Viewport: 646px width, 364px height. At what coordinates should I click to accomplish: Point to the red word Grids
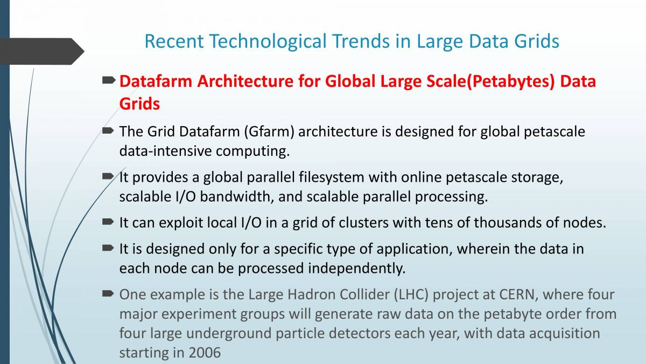click(139, 104)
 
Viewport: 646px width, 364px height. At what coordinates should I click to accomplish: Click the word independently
click(357, 269)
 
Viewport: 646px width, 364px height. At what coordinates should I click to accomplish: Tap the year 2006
click(205, 353)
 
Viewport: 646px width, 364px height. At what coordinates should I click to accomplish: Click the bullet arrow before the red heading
click(109, 80)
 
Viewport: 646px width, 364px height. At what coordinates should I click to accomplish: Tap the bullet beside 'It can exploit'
click(109, 222)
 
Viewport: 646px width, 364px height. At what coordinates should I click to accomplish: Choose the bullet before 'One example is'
click(109, 294)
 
